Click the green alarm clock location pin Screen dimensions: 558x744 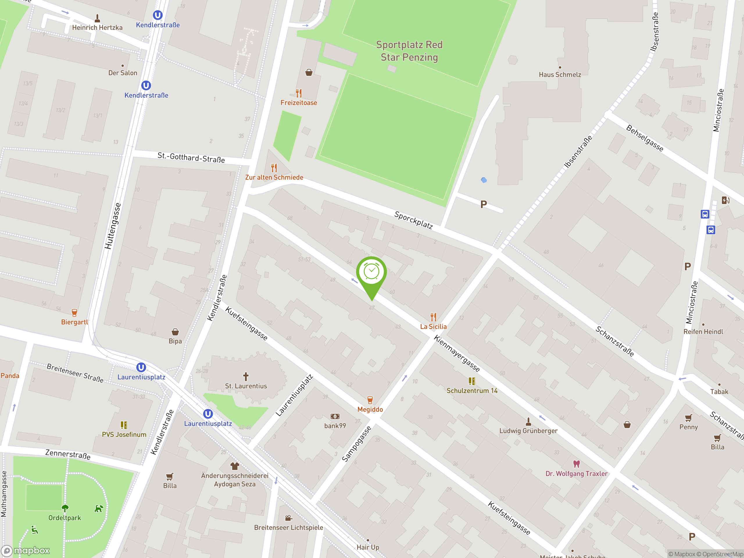point(371,272)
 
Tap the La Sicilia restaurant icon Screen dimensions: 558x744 point(433,317)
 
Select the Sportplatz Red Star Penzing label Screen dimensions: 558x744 point(409,51)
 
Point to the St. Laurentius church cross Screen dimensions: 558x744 point(246,376)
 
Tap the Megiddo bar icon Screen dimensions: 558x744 point(370,400)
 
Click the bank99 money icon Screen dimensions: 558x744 point(335,416)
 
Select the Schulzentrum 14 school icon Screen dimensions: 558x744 point(472,381)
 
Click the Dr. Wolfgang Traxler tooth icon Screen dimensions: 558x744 point(577,464)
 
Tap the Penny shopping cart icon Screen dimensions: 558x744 point(688,418)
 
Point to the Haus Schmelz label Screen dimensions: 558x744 point(560,75)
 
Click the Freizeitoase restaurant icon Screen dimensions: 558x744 point(299,93)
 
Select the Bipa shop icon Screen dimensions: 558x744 point(175,332)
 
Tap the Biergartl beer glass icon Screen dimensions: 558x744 point(74,313)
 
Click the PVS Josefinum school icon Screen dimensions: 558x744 point(124,425)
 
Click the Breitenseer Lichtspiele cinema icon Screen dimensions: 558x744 point(288,518)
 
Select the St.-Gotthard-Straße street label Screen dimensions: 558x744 point(191,158)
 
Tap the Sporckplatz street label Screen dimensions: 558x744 point(413,220)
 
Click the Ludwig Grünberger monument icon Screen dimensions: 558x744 point(528,421)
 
